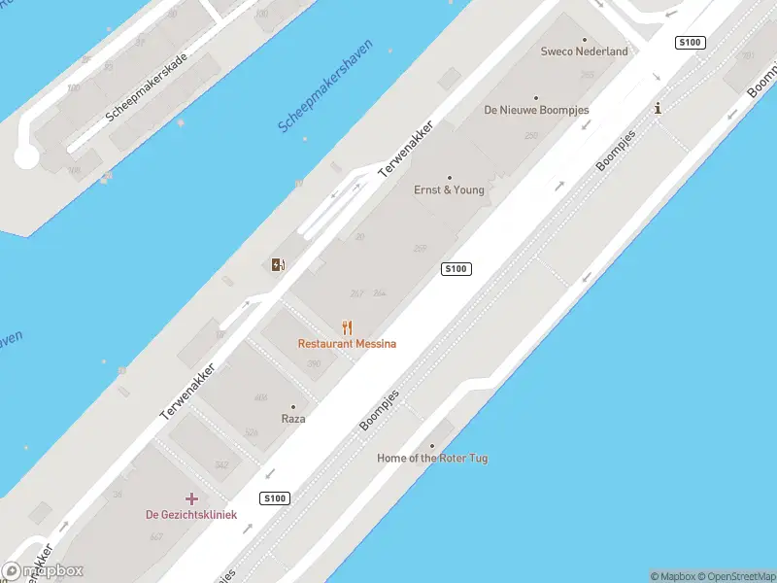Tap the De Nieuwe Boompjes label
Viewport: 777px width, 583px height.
tap(536, 111)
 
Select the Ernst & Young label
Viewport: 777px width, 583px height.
tap(449, 190)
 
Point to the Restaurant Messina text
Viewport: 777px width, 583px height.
tap(347, 344)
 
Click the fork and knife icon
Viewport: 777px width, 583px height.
tap(347, 327)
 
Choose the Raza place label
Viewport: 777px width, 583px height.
tap(293, 419)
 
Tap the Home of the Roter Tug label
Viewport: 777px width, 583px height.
tap(432, 458)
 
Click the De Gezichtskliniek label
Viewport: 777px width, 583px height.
tap(191, 515)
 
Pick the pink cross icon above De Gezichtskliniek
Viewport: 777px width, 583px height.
tap(191, 499)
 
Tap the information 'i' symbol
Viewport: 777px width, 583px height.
tap(658, 108)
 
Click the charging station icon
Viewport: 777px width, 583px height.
tap(279, 264)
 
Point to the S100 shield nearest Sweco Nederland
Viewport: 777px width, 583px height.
tap(691, 42)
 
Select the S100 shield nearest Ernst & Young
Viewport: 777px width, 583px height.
tap(456, 269)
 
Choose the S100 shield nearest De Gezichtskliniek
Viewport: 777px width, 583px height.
tap(275, 498)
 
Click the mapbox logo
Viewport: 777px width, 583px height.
tap(44, 571)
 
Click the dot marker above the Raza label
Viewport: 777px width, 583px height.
tap(293, 407)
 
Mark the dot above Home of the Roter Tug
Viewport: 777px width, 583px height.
tap(432, 446)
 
